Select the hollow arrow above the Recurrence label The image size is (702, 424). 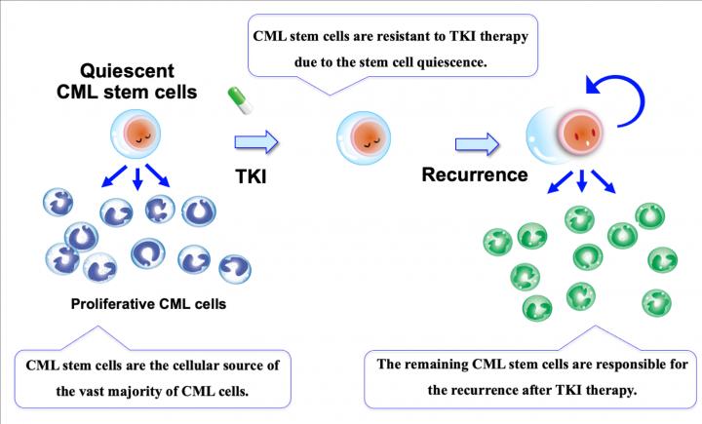tap(477, 145)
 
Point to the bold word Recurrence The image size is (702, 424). tap(475, 175)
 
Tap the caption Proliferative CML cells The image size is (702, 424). tap(148, 303)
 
